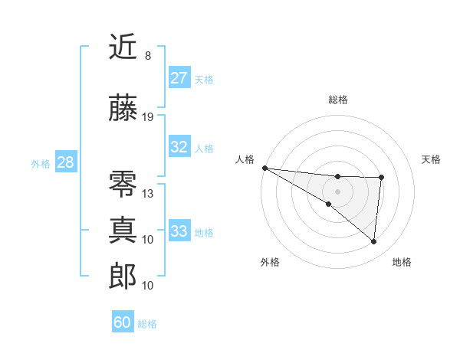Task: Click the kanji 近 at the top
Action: click(123, 47)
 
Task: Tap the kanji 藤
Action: click(123, 109)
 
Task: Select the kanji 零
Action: click(123, 185)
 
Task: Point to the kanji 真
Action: click(123, 229)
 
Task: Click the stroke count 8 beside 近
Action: click(148, 56)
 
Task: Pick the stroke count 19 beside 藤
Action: click(148, 117)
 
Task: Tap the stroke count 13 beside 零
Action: click(148, 193)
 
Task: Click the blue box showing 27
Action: click(179, 78)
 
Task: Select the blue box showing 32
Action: click(179, 147)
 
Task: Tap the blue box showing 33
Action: click(179, 231)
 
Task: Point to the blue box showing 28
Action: click(65, 162)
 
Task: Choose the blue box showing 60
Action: click(123, 322)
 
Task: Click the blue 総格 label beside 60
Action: click(147, 324)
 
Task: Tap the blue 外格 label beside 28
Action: click(41, 164)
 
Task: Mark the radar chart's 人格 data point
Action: click(264, 168)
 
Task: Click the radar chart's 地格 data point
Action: click(374, 242)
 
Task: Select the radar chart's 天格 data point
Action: click(381, 178)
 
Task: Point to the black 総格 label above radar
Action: click(338, 100)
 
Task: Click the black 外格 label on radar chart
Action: click(270, 262)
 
